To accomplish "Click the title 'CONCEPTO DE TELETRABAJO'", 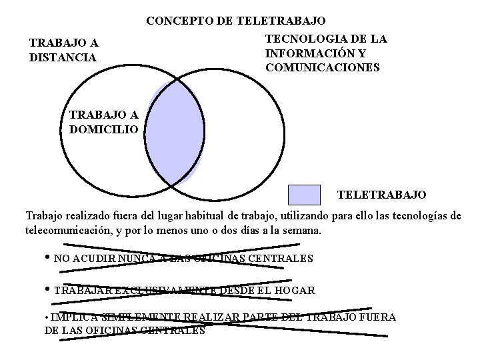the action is point(236,21).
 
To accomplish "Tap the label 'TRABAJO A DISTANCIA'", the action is point(63,50).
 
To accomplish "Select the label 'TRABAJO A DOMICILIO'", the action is point(103,122).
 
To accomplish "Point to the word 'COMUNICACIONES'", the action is point(322,67).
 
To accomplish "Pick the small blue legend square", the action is point(304,195).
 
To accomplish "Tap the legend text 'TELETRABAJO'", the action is point(381,195).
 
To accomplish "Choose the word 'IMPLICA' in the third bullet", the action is point(69,317).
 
